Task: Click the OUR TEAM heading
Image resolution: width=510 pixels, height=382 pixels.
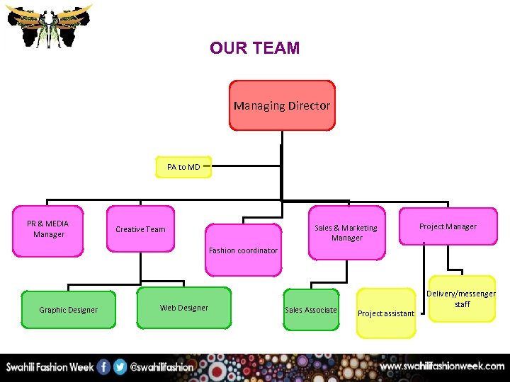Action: tap(254, 48)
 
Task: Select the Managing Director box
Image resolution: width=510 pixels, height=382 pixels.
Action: tap(282, 105)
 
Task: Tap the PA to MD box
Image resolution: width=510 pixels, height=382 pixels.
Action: tap(183, 167)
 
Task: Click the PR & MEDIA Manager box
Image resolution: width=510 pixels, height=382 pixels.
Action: tap(48, 229)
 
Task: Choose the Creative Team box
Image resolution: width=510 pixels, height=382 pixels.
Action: tap(141, 229)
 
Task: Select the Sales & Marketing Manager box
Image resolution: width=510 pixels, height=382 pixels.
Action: tap(346, 233)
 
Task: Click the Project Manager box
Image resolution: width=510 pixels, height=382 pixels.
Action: tap(448, 226)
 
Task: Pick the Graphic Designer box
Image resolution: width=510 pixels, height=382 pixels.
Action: tap(69, 310)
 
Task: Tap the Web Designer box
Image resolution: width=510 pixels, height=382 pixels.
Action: tap(184, 308)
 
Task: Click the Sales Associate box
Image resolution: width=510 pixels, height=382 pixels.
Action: tap(311, 310)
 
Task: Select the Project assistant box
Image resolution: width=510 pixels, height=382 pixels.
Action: tap(386, 313)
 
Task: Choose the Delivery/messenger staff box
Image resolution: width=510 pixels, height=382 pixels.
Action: tap(462, 299)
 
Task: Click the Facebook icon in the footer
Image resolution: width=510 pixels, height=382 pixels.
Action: tap(103, 367)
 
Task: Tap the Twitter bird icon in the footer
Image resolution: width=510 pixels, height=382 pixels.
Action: tap(120, 367)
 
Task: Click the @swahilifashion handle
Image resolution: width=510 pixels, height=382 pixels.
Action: tap(162, 367)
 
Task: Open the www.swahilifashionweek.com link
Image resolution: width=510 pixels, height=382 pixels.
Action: tap(442, 366)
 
